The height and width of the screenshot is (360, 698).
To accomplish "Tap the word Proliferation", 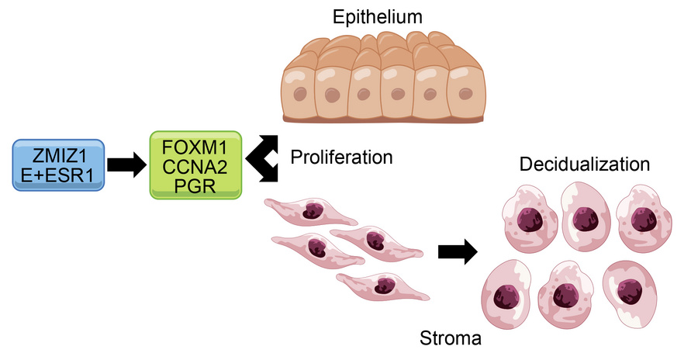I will [x=341, y=157].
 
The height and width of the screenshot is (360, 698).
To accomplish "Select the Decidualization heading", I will [x=585, y=165].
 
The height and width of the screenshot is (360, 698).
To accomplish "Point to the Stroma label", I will [x=451, y=338].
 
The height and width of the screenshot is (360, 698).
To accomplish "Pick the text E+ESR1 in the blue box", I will [x=58, y=176].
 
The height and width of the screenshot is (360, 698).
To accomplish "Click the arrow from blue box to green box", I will [x=126, y=164].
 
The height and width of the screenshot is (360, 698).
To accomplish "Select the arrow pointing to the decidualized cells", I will [x=457, y=252].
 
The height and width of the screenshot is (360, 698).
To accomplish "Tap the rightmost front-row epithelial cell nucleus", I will [x=465, y=94].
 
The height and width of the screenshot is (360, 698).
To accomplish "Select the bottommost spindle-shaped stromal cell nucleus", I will [x=383, y=286].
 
